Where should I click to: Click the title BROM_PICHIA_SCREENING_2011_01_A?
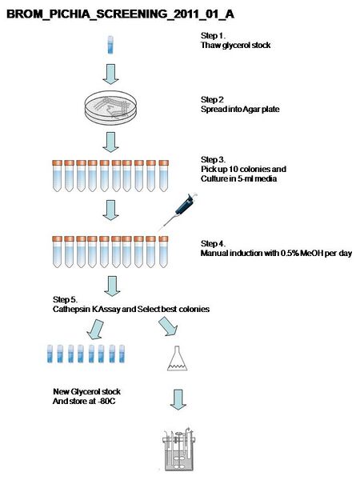(120, 14)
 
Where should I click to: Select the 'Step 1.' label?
(213, 36)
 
